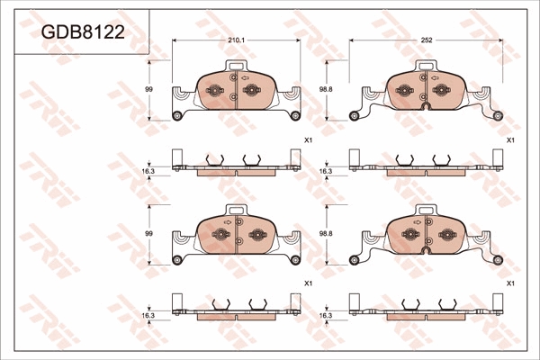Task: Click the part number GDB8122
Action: pos(83,32)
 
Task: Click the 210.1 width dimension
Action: pos(236,40)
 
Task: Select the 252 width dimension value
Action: pos(427,40)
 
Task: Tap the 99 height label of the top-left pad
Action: pos(148,89)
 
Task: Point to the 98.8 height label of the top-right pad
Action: pos(326,89)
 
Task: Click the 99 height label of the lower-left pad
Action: pos(148,234)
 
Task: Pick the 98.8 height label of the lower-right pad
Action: pos(326,234)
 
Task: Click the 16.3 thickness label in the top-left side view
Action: pos(148,171)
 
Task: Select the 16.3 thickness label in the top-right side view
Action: pos(326,171)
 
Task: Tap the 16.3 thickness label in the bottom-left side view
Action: pos(148,315)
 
